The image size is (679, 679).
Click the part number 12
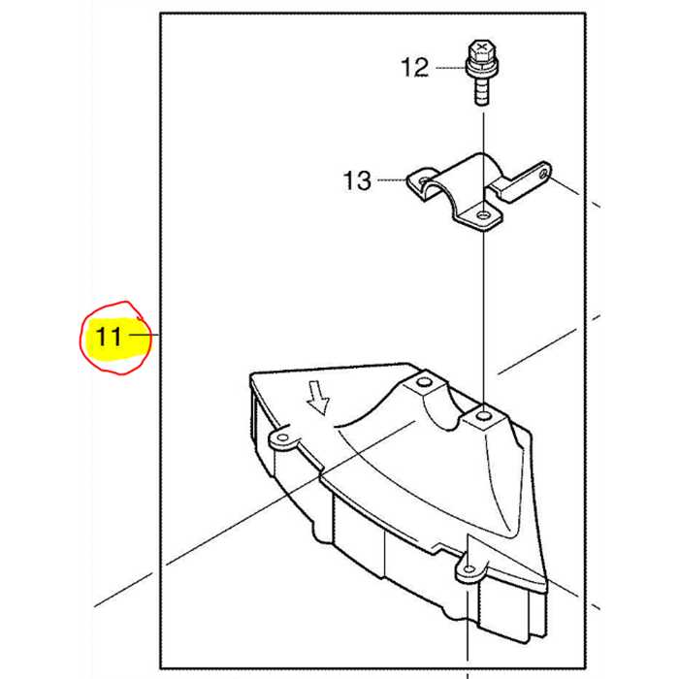(415, 68)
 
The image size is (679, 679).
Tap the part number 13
(357, 180)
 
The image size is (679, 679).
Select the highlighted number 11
(109, 336)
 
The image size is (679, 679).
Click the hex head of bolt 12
(481, 50)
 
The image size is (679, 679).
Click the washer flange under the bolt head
(481, 68)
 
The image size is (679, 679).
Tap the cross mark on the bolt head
(481, 46)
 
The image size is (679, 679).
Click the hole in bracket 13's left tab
(424, 179)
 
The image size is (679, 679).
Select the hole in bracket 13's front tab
(481, 214)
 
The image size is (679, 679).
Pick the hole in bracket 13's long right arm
(542, 174)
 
